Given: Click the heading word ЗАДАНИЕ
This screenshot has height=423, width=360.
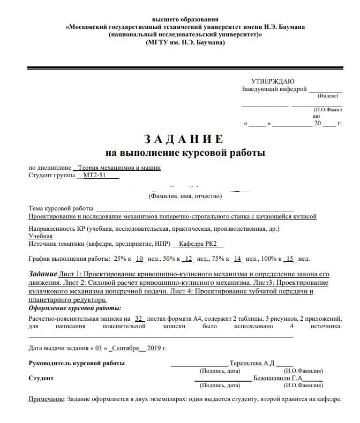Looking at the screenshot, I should click(182, 140).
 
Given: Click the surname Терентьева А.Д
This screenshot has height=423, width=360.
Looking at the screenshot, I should click(251, 362).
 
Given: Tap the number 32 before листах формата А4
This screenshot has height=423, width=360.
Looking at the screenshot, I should click(139, 318).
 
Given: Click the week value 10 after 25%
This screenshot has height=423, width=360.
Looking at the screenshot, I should click(139, 259).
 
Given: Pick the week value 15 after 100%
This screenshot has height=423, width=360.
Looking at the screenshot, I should click(290, 259).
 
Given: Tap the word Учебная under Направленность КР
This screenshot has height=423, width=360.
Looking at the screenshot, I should click(41, 236).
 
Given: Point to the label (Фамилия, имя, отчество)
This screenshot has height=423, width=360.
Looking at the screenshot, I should click(185, 197).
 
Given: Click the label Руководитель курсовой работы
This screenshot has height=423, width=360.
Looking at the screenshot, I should click(77, 363).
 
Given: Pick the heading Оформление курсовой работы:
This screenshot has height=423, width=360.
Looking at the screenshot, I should click(74, 308).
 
